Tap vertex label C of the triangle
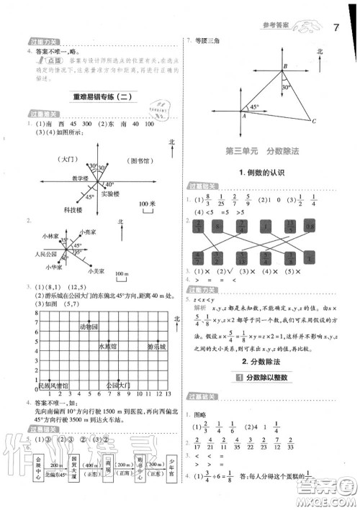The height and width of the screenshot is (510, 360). pyautogui.click(x=315, y=121)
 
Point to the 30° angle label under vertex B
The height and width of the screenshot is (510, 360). pyautogui.click(x=286, y=87)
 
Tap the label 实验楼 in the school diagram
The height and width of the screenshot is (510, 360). pyautogui.click(x=111, y=194)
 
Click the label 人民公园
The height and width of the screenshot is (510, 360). pyautogui.click(x=35, y=255)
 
